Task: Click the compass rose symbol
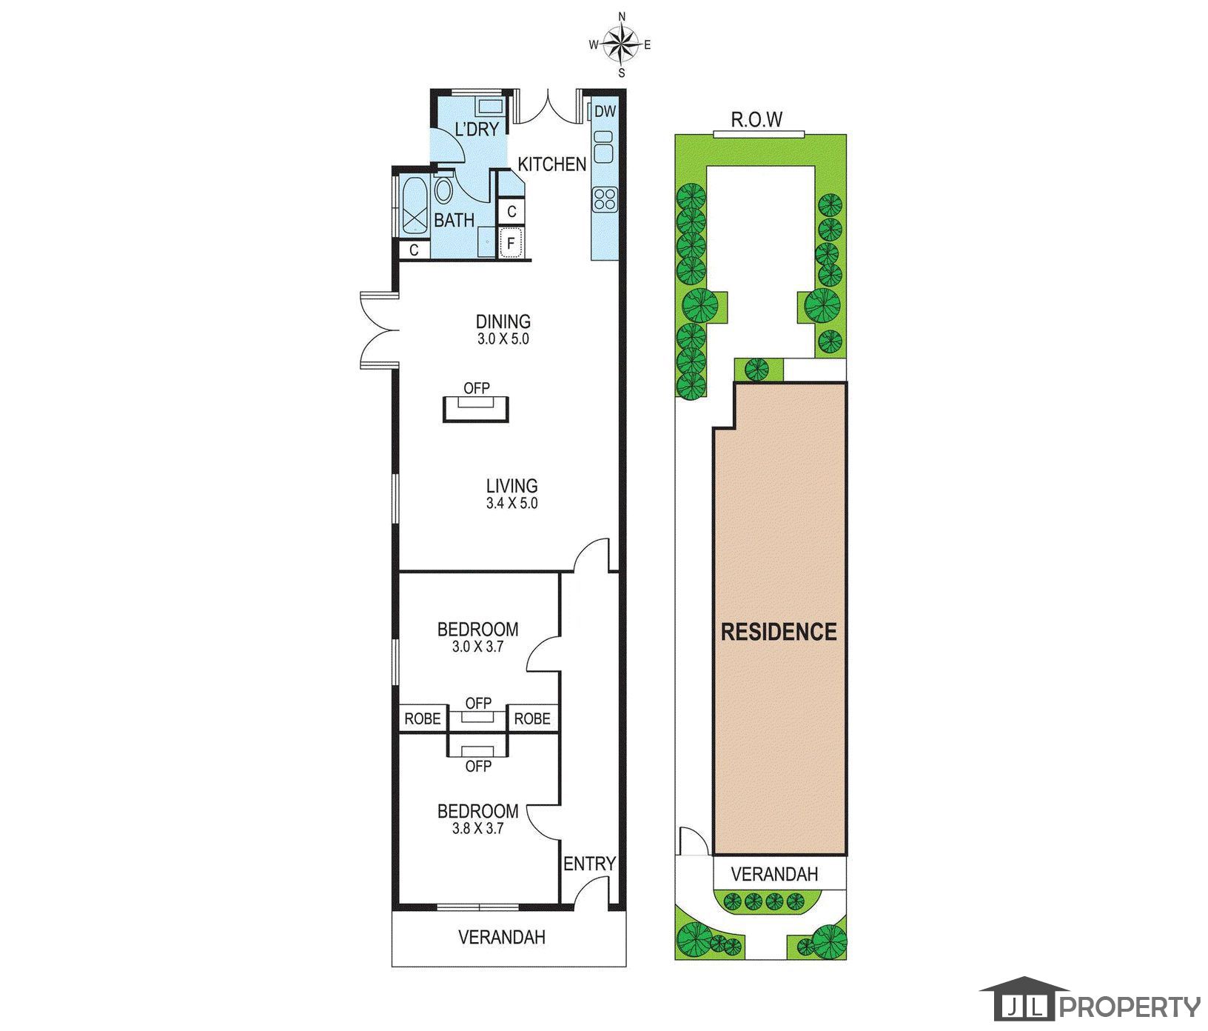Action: [621, 44]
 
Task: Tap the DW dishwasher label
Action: [605, 112]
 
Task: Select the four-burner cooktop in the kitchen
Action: [604, 198]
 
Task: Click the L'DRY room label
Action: [477, 130]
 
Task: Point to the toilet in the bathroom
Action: [443, 190]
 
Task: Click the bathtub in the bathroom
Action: [414, 206]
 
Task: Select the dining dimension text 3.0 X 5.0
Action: [503, 339]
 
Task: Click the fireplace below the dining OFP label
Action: [477, 408]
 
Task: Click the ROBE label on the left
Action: [423, 718]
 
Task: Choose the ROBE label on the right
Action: [532, 718]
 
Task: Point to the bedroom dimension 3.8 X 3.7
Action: [478, 828]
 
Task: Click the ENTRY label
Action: [589, 864]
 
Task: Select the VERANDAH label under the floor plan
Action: [502, 937]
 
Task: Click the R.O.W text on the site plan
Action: [756, 119]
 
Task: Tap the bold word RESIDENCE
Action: [779, 632]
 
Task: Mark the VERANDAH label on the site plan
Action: [774, 874]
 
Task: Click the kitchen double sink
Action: [603, 147]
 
